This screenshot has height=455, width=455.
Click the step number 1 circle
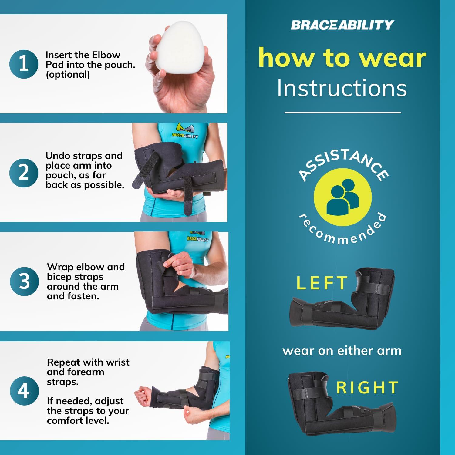tap(24, 64)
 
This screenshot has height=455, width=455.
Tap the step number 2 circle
tap(24, 173)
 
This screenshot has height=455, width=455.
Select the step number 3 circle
tap(24, 281)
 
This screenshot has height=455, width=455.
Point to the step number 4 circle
tap(24, 390)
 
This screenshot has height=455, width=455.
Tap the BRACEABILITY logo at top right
tap(342, 25)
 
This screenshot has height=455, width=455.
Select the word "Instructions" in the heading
tap(342, 88)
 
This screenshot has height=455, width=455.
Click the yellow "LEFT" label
tap(322, 283)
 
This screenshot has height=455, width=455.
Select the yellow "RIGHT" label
tap(368, 388)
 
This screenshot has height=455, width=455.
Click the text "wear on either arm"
tap(342, 351)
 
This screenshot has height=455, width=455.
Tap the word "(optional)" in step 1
tap(68, 75)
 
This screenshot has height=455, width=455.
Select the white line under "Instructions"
tap(342, 113)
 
